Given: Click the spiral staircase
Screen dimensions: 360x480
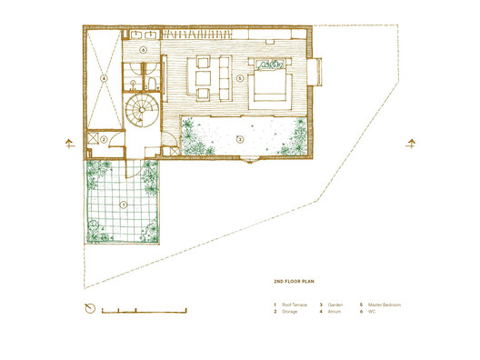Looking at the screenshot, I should [x=141, y=111].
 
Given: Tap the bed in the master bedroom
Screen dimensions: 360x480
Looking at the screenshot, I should [x=271, y=81].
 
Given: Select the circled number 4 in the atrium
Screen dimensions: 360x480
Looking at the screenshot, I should [x=104, y=79].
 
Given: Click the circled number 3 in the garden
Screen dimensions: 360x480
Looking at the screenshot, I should [x=239, y=139].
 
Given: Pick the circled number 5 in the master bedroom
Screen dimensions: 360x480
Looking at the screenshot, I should [x=239, y=79].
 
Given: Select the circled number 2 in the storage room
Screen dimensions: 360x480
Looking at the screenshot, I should [x=105, y=140].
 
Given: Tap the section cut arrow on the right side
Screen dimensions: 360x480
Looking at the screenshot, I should [x=412, y=143].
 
